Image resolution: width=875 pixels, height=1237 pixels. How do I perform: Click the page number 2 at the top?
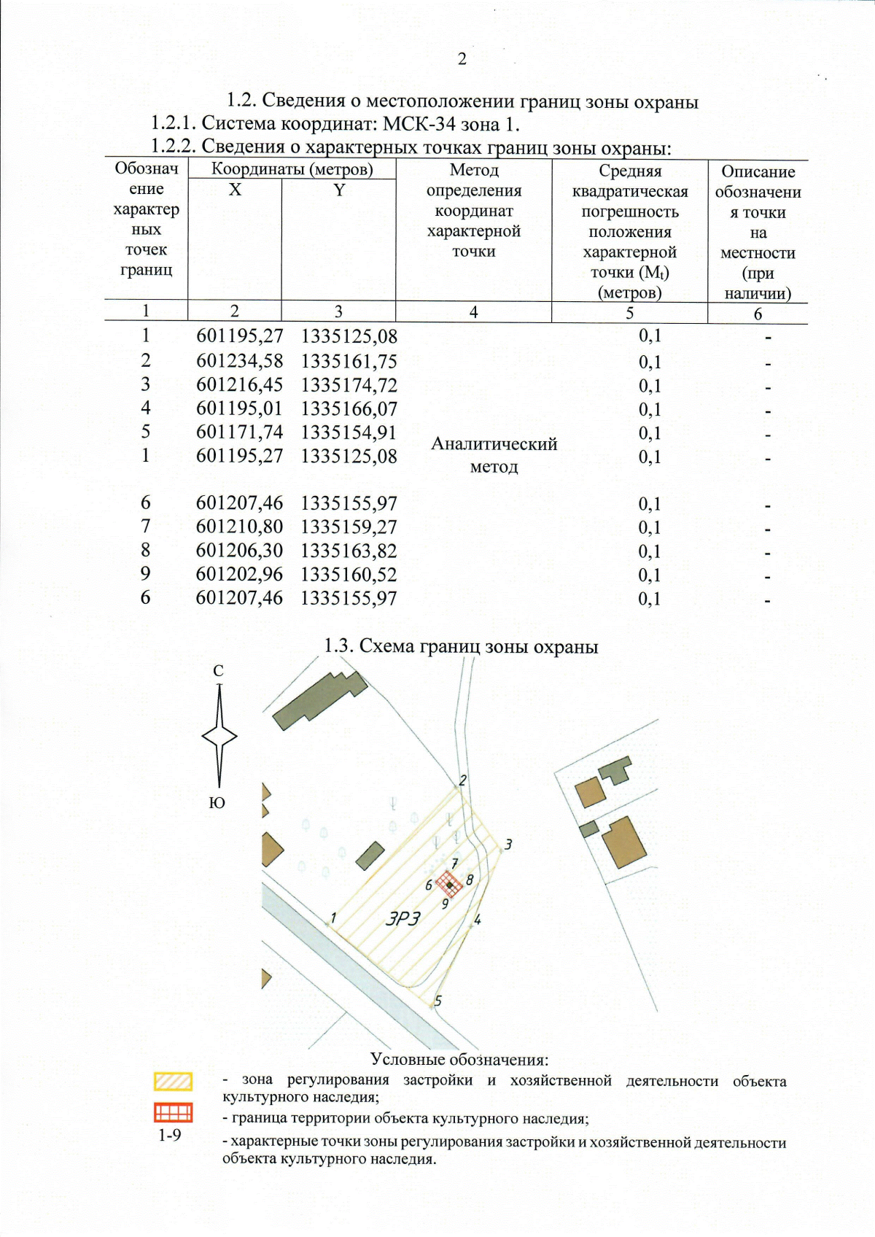pyautogui.click(x=462, y=60)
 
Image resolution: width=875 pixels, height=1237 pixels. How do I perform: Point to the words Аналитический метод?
pyautogui.click(x=494, y=455)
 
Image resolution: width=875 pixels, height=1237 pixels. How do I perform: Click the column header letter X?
pyautogui.click(x=235, y=190)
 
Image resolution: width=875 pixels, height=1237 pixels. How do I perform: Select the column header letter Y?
pyautogui.click(x=339, y=190)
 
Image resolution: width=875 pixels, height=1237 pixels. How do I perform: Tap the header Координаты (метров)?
pyautogui.click(x=292, y=170)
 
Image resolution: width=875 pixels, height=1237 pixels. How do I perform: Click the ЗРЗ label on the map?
pyautogui.click(x=403, y=919)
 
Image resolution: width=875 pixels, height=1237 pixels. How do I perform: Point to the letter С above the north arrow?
pyautogui.click(x=218, y=671)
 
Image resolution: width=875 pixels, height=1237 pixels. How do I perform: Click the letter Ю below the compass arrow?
pyautogui.click(x=217, y=803)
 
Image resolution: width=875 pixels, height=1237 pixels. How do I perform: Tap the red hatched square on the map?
pyautogui.click(x=449, y=884)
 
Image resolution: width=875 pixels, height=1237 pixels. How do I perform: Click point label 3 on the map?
pyautogui.click(x=508, y=844)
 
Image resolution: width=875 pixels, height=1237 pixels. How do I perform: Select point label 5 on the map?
pyautogui.click(x=438, y=1001)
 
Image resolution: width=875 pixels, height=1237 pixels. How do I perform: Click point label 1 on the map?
pyautogui.click(x=333, y=918)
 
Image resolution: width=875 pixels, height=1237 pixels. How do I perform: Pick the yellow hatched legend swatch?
pyautogui.click(x=173, y=1081)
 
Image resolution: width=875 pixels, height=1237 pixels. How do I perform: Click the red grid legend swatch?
pyautogui.click(x=173, y=1112)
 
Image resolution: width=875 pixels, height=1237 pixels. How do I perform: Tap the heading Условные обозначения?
pyautogui.click(x=459, y=1059)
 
